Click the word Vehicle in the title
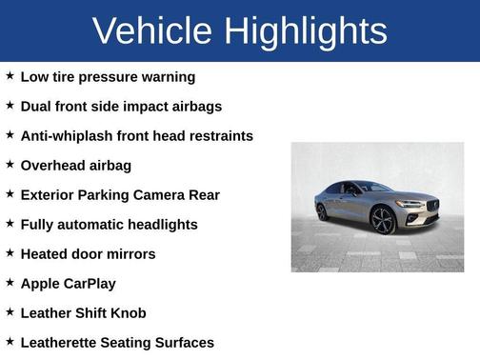pyautogui.click(x=153, y=30)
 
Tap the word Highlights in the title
pyautogui.click(x=306, y=30)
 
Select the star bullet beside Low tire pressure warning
pyautogui.click(x=10, y=75)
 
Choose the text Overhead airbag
pyautogui.click(x=75, y=165)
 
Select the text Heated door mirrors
pyautogui.click(x=88, y=253)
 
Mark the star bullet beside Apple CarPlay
pyautogui.click(x=10, y=282)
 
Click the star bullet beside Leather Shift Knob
pyautogui.click(x=10, y=311)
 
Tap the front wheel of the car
pyautogui.click(x=383, y=220)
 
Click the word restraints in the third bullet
pyautogui.click(x=218, y=135)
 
